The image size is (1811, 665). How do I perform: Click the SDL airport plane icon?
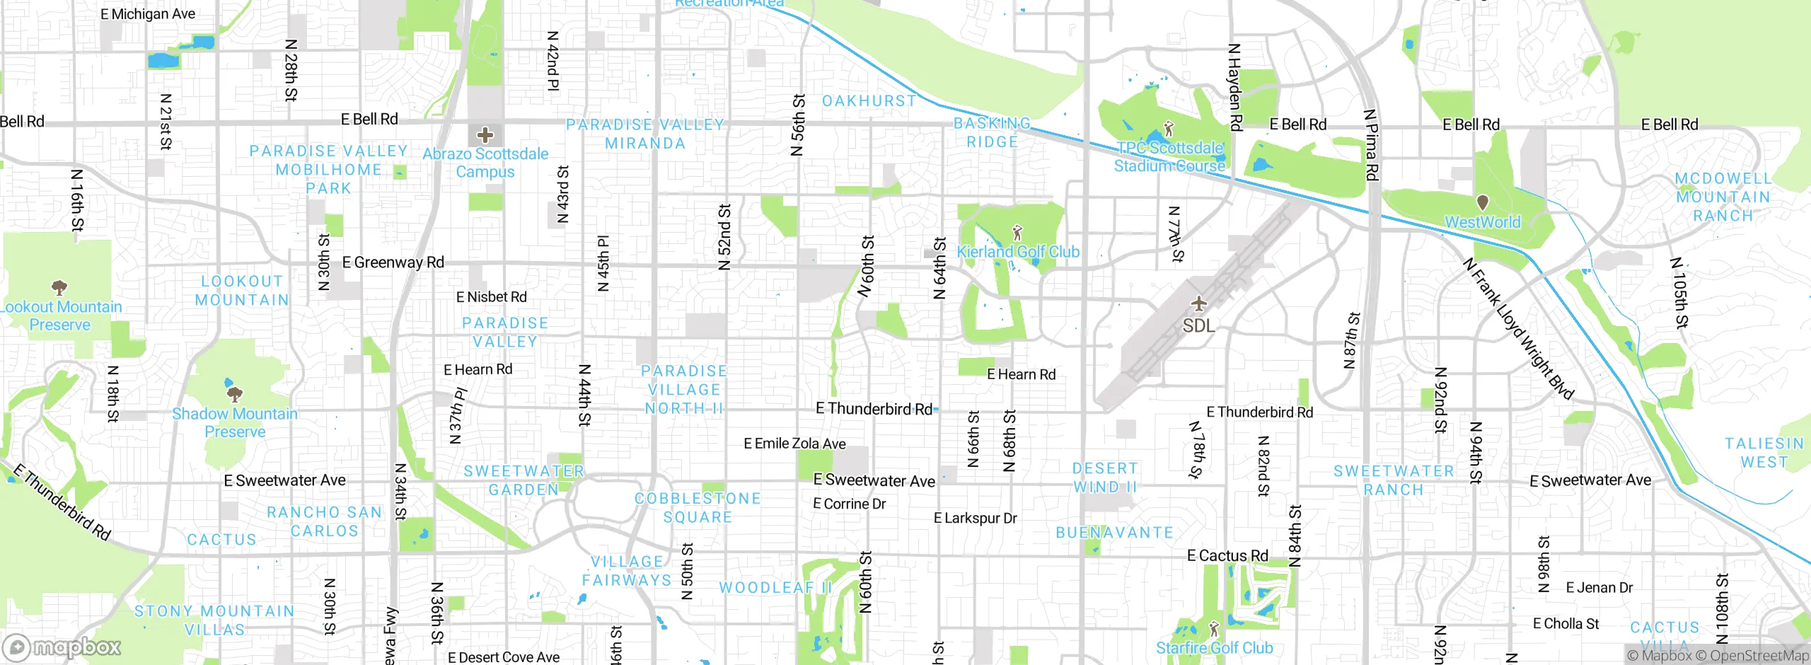1198,303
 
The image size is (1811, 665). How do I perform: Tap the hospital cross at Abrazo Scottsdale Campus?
485,134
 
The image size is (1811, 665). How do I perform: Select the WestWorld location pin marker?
1483,203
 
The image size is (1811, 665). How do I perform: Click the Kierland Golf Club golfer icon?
1018,232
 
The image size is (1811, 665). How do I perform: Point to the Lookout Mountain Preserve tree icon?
59,287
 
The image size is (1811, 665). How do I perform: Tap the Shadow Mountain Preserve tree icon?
234,393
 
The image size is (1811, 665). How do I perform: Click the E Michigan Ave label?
148,14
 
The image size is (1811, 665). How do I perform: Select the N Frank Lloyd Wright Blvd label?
1518,329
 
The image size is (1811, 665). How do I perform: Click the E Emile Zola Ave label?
794,444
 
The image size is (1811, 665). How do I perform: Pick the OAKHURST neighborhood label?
869,101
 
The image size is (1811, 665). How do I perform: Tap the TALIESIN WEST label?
1764,453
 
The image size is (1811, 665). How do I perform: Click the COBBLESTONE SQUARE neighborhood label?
698,508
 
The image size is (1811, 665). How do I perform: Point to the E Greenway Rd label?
393,262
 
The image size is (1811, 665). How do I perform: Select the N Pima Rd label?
1371,145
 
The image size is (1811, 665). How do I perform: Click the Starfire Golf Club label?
1214,648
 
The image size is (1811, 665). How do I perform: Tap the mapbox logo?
62,647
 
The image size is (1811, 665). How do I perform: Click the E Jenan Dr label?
1599,588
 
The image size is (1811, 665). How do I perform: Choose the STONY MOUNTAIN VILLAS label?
214,620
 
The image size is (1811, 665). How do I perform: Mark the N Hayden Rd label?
1235,88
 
